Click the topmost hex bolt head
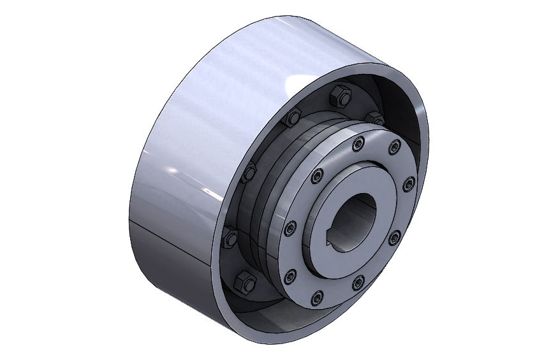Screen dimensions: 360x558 339,98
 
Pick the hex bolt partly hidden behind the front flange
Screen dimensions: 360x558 375,117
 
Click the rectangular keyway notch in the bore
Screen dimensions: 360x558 330,241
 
